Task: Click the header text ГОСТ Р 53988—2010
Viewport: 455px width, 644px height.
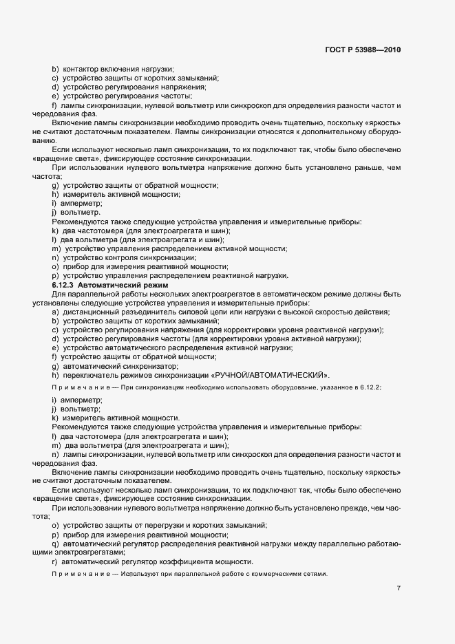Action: point(363,50)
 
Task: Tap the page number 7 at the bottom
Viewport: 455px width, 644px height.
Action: point(399,588)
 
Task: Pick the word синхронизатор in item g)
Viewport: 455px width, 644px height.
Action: point(131,366)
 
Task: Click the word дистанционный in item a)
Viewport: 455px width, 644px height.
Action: point(90,312)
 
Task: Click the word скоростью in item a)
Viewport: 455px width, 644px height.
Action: point(332,312)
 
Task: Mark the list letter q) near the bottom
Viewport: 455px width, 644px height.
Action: point(54,544)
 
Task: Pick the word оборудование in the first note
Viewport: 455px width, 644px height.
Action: point(278,388)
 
